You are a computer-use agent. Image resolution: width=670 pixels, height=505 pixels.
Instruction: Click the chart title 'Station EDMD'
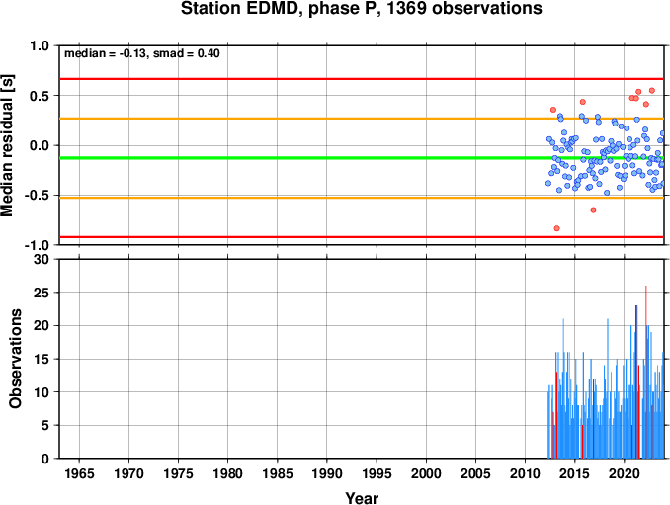(x=240, y=9)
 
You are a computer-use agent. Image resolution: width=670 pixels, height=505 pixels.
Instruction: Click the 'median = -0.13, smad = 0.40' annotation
(x=142, y=53)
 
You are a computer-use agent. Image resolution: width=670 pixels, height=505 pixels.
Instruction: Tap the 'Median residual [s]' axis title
(x=7, y=145)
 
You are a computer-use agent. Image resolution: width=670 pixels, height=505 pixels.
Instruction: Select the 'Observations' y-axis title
(x=16, y=359)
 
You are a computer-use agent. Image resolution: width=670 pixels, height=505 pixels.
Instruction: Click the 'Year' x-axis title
(x=362, y=498)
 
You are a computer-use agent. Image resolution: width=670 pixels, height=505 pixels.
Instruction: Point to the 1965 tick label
(x=79, y=473)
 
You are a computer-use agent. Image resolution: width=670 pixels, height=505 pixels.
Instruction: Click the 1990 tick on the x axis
(x=327, y=473)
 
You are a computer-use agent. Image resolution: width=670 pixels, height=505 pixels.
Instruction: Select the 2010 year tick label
(x=525, y=473)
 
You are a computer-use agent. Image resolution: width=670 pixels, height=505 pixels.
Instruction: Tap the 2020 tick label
(x=625, y=473)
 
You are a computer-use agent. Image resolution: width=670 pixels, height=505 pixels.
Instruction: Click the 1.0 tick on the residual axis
(x=40, y=45)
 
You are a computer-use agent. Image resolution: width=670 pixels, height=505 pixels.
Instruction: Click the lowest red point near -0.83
(x=556, y=228)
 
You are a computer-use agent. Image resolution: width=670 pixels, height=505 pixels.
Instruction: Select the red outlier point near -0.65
(x=593, y=210)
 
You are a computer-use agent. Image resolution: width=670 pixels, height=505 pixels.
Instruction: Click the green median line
(x=362, y=158)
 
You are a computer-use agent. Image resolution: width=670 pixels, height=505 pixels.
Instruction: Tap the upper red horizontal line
(x=362, y=79)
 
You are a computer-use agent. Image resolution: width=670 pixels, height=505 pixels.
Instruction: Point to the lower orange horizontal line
(x=362, y=198)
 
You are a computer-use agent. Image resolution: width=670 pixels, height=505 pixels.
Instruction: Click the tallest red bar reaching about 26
(x=646, y=372)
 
